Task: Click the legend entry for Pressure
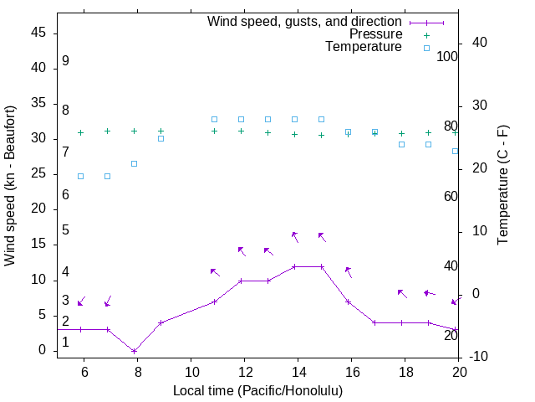point(376,34)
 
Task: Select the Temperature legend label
point(364,48)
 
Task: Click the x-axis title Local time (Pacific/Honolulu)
point(257,390)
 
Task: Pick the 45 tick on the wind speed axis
point(38,33)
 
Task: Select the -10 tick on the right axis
point(480,358)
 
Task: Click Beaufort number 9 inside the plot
point(65,61)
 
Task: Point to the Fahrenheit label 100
point(447,57)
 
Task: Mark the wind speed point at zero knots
point(134,351)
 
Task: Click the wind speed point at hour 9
point(160,322)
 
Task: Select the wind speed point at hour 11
point(214,301)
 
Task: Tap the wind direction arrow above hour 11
point(214,271)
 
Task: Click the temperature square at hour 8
point(134,163)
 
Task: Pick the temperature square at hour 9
point(160,138)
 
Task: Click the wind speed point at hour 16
point(348,301)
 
